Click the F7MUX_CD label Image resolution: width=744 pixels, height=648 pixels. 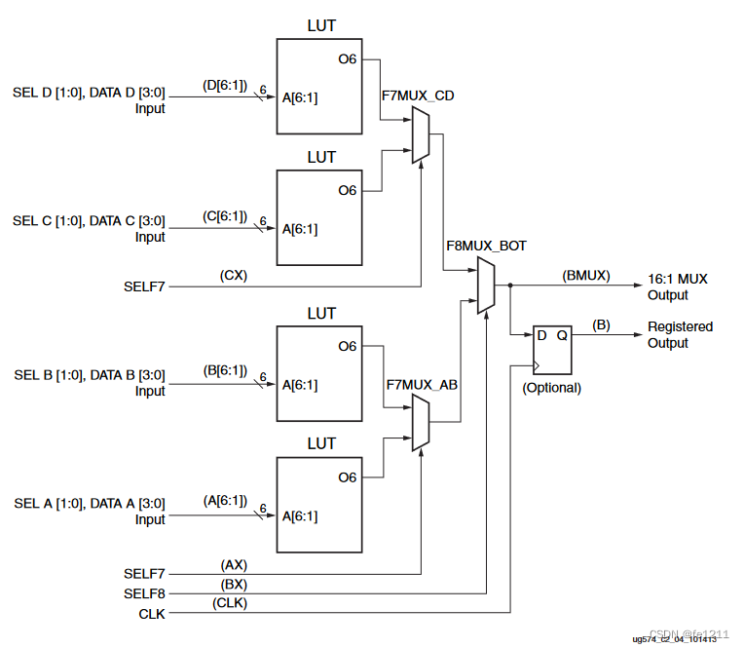tap(421, 95)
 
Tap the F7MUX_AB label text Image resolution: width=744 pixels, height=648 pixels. tap(421, 385)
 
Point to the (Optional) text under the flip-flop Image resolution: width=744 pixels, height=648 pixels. tap(551, 387)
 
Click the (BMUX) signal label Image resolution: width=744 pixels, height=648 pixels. tap(585, 276)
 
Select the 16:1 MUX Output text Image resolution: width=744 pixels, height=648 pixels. tap(679, 286)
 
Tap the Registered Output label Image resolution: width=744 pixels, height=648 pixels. tap(680, 334)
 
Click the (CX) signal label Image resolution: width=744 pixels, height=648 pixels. tap(234, 275)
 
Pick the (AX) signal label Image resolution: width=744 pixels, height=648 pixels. tap(234, 564)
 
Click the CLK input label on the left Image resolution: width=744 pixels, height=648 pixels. tap(152, 613)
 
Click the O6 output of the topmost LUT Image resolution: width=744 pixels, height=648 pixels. tap(348, 59)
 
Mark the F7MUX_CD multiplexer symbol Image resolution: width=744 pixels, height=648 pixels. tap(420, 134)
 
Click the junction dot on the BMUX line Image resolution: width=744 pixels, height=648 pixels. tap(509, 286)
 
